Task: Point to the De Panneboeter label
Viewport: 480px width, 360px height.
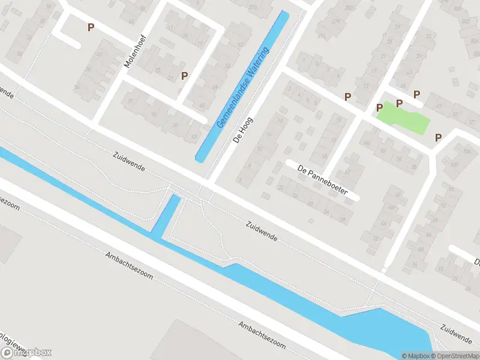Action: [322, 179]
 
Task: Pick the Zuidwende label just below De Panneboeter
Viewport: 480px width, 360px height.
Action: [262, 230]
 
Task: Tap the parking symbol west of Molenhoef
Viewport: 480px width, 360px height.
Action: [91, 27]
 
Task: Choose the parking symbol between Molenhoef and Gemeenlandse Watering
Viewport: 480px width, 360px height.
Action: [185, 76]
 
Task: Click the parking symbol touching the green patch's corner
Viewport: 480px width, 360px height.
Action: [379, 107]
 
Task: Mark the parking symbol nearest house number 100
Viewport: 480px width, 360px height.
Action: [438, 137]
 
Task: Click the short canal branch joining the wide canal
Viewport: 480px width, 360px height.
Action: [167, 215]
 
